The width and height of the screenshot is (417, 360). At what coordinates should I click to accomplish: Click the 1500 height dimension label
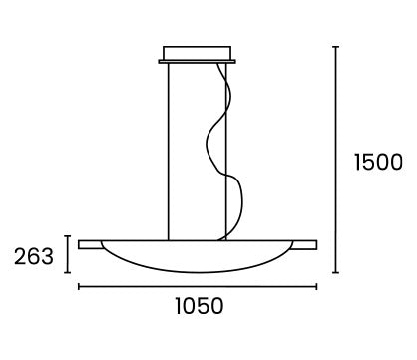click(378, 162)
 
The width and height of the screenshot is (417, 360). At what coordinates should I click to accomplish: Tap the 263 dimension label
click(34, 256)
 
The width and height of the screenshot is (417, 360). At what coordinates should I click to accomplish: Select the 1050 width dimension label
click(200, 306)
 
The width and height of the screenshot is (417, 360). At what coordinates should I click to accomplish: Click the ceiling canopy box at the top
click(197, 53)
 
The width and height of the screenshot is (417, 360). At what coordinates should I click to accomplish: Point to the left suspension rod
click(169, 152)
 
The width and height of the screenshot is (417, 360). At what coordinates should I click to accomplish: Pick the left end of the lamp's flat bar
click(79, 244)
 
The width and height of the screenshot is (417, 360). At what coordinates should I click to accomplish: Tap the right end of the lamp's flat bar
click(316, 244)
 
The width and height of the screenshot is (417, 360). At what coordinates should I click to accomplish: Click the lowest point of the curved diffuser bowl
click(199, 272)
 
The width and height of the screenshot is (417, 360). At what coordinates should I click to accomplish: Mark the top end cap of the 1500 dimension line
click(336, 47)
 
